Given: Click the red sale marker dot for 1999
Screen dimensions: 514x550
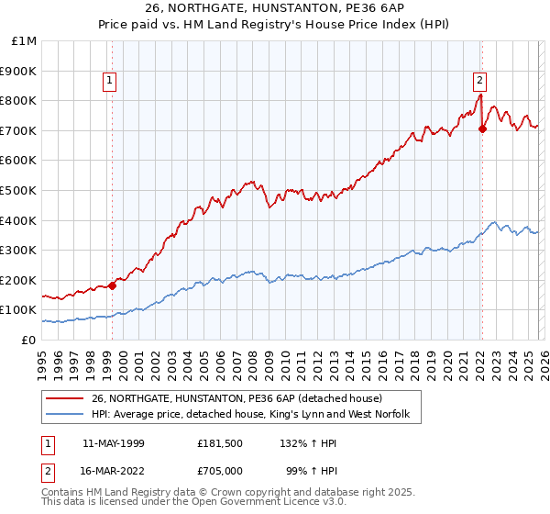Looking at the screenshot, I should pos(113,285).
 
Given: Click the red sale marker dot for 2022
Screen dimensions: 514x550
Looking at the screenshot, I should pos(482,129).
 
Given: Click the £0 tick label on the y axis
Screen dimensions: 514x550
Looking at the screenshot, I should pos(29,340).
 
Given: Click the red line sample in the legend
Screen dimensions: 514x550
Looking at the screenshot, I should pos(64,399).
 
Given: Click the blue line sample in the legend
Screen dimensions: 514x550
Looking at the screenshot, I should pos(64,416).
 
